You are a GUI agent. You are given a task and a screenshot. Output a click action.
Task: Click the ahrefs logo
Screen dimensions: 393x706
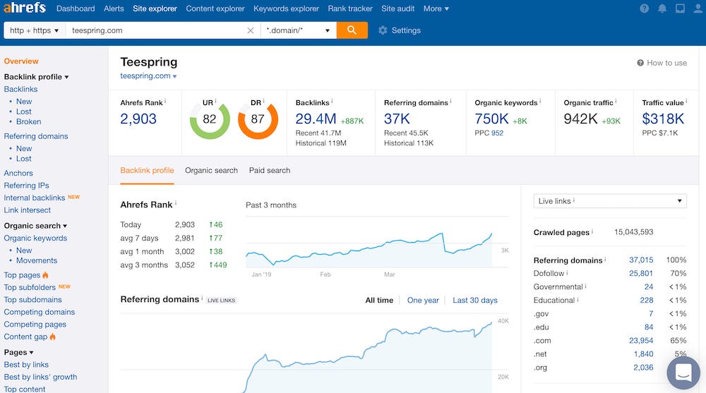click(x=25, y=8)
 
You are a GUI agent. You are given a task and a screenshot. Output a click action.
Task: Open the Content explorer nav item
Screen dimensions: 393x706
click(x=215, y=8)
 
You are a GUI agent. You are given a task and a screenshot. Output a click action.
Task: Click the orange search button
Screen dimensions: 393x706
click(x=352, y=30)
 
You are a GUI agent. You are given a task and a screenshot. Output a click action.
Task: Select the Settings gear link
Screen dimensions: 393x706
click(x=399, y=30)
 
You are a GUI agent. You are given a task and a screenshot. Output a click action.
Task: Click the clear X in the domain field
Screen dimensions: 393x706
click(x=251, y=30)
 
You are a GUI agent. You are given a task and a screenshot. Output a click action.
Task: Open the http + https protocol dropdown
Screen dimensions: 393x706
click(x=35, y=30)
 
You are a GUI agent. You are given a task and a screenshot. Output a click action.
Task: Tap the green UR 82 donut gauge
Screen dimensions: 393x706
click(x=210, y=119)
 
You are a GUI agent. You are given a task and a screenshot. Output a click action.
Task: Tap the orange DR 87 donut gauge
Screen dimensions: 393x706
click(x=257, y=119)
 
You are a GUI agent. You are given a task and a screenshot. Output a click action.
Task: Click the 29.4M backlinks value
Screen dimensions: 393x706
click(x=316, y=119)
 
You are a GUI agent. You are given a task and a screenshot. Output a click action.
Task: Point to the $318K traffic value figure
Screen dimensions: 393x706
click(x=663, y=119)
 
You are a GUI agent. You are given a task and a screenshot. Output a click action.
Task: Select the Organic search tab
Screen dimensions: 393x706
click(x=211, y=170)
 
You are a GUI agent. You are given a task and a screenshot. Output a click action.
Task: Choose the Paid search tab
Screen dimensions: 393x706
click(x=270, y=170)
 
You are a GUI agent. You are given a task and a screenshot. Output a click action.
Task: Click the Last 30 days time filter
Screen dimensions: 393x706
click(x=474, y=300)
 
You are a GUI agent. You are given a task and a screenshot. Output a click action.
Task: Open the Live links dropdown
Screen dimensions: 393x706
click(x=610, y=201)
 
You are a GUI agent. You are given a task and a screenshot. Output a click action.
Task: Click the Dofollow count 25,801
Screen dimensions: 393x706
click(x=640, y=273)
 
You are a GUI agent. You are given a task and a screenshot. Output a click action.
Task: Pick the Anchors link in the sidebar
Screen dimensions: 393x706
click(x=18, y=173)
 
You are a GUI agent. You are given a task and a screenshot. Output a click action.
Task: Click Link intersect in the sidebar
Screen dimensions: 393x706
click(x=28, y=210)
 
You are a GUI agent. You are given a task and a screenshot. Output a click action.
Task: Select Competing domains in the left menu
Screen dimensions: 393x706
click(x=40, y=312)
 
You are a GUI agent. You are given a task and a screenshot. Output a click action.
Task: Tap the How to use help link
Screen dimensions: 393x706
click(x=662, y=63)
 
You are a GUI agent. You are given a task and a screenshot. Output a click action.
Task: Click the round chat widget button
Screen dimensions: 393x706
click(x=683, y=371)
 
